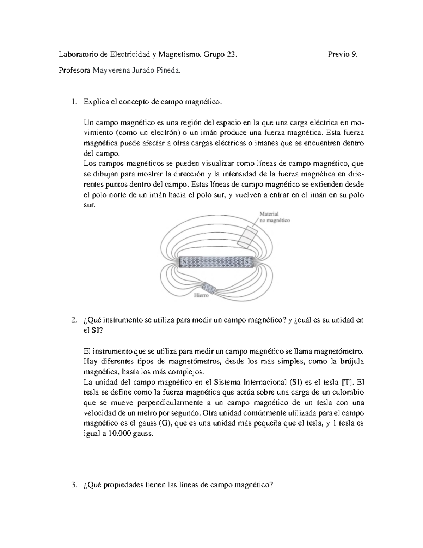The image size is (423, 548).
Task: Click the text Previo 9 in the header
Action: coord(343,54)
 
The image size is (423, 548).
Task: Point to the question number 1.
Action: coord(73,102)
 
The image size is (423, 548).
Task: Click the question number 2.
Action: coord(73,320)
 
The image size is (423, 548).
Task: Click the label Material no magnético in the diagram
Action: coord(274,217)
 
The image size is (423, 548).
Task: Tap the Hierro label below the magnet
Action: coord(202,295)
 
